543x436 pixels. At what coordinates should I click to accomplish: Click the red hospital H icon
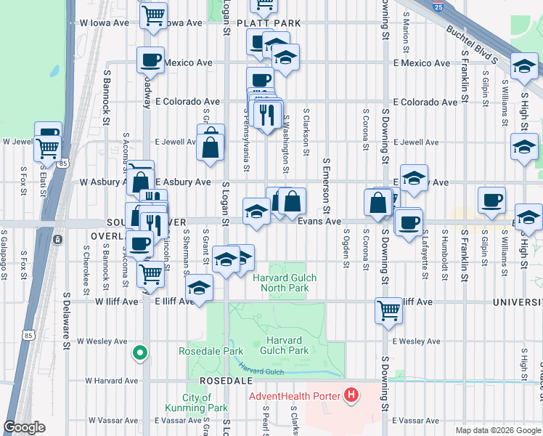pyautogui.click(x=352, y=396)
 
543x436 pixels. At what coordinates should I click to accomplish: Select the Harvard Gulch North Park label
pyautogui.click(x=280, y=283)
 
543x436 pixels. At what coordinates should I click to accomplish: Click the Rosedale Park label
pyautogui.click(x=211, y=351)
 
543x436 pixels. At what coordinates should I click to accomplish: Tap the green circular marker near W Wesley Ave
pyautogui.click(x=140, y=354)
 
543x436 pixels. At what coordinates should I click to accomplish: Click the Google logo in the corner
pyautogui.click(x=25, y=427)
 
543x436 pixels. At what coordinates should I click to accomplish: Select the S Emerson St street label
pyautogui.click(x=327, y=182)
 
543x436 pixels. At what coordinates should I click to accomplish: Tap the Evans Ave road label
pyautogui.click(x=319, y=222)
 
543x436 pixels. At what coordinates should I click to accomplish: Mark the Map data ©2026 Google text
pyautogui.click(x=497, y=430)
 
